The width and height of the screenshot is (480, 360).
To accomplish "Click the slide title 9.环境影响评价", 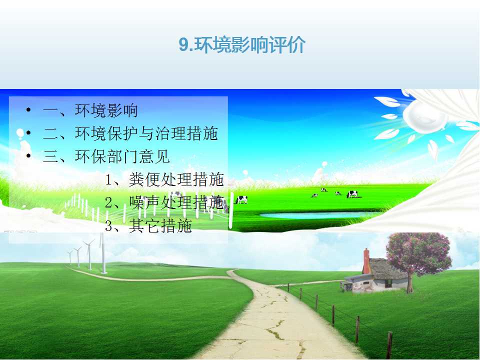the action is coord(242,45).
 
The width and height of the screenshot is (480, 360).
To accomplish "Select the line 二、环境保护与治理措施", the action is coord(130,133).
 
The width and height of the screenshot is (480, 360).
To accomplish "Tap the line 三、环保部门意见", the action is coord(106,156).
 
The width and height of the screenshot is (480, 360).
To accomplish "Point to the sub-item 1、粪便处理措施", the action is coord(164,179).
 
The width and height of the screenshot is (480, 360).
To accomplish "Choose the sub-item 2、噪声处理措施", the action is coord(164,202).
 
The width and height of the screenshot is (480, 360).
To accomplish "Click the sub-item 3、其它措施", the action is coord(148,225).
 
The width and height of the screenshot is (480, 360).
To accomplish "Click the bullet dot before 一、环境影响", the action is coord(28,109).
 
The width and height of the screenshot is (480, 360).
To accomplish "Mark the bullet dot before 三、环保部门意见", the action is coord(28,156).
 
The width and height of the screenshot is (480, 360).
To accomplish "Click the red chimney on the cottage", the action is coord(366,261).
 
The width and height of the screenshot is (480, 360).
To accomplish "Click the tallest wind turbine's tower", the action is coord(103,257).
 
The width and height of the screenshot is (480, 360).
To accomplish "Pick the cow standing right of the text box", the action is coord(242,200).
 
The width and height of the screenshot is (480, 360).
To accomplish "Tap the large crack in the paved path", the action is coord(275,330).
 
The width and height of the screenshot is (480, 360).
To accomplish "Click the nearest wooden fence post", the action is coord(389,345).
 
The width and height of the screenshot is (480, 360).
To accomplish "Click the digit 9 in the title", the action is coord(183,45).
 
